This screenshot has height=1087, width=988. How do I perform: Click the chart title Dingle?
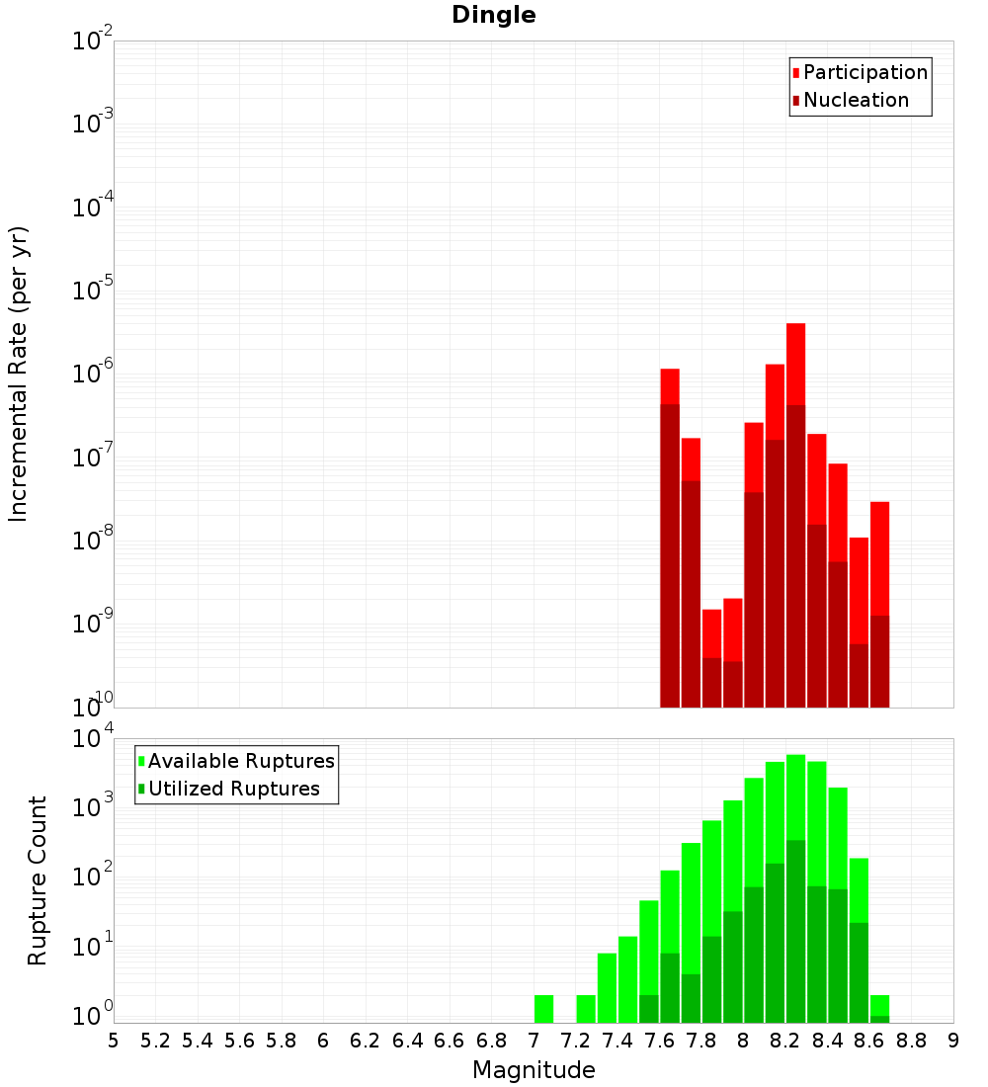(494, 16)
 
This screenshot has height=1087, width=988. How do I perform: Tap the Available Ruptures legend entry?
(241, 762)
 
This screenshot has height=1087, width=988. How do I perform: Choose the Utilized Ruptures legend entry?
(233, 790)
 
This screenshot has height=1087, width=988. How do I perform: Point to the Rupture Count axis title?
(38, 880)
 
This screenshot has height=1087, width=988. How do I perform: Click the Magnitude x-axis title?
(534, 1070)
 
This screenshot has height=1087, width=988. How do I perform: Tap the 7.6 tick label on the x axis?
(659, 1041)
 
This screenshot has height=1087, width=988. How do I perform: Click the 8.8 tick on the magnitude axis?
(911, 1041)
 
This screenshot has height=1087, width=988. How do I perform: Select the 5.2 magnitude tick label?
(155, 1041)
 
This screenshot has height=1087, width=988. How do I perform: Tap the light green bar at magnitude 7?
(543, 1009)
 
